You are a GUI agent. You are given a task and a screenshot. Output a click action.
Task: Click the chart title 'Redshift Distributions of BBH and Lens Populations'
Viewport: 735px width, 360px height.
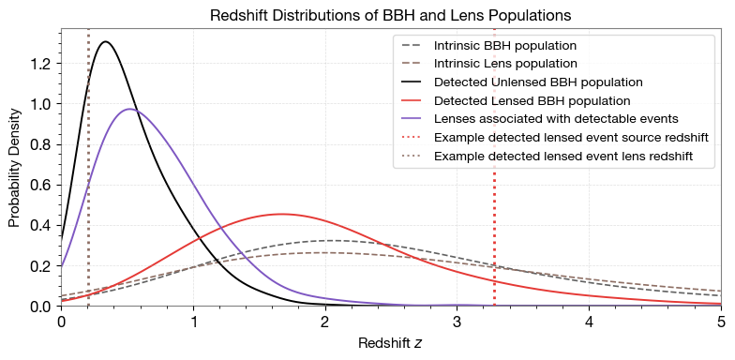click(x=390, y=16)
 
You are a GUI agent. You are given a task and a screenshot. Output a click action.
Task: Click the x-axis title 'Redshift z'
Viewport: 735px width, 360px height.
click(x=390, y=343)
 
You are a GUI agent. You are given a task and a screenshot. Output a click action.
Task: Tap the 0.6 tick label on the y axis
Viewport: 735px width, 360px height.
click(x=42, y=185)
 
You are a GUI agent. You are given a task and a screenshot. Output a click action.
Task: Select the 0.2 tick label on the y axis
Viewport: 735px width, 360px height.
click(x=42, y=265)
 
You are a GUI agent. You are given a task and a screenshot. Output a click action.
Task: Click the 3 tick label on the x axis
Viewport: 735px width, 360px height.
click(x=457, y=322)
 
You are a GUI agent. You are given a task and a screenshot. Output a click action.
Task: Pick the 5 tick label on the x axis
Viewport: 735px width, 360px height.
click(x=720, y=322)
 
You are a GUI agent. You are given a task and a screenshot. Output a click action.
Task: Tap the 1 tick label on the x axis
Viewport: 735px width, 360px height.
click(x=193, y=322)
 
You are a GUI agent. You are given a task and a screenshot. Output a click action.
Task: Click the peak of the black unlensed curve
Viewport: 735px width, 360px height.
click(x=106, y=41)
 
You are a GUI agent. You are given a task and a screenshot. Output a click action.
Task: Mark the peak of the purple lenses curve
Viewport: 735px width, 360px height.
click(x=130, y=109)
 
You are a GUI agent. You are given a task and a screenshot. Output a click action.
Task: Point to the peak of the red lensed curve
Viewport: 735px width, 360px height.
click(x=280, y=214)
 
